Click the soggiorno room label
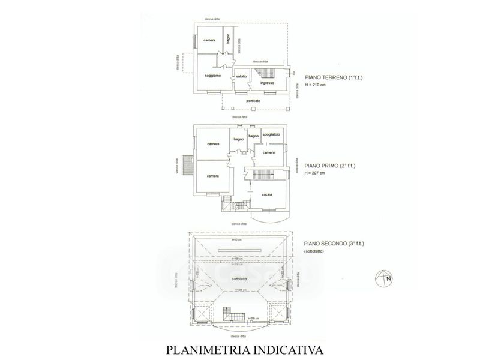click(x=213, y=76)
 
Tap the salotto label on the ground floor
click(x=241, y=76)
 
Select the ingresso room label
click(x=268, y=83)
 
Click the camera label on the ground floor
click(x=209, y=40)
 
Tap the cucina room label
click(x=268, y=194)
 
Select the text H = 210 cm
click(x=315, y=85)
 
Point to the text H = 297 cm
click(x=315, y=173)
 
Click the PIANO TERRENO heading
click(x=326, y=78)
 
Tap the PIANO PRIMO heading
click(x=323, y=166)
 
